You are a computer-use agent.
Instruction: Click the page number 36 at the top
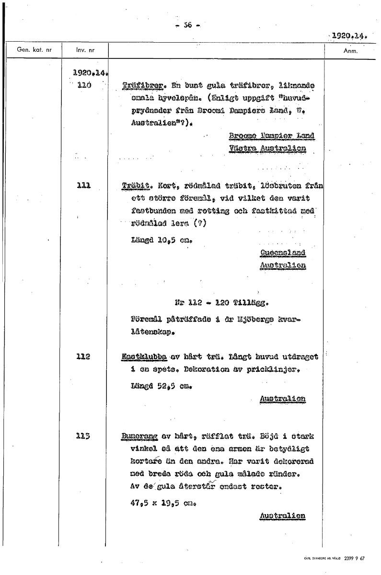coord(187,26)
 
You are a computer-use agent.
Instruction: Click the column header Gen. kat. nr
coord(34,49)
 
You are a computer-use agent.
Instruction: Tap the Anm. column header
coord(351,50)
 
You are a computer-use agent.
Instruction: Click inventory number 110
coord(84,85)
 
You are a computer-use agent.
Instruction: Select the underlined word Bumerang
coord(139,437)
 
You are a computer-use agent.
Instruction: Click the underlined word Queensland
coord(283,253)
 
